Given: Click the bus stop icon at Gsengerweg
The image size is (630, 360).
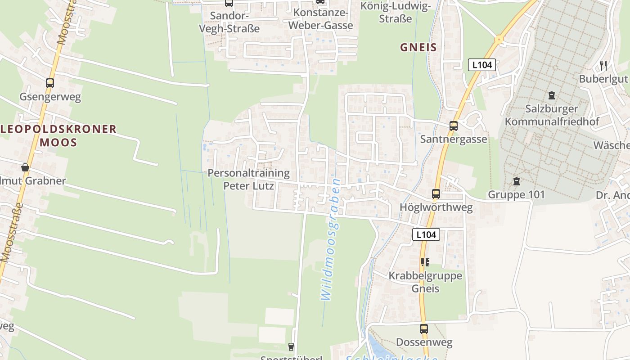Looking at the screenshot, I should (50, 83).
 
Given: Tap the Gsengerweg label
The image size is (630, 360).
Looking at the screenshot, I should (50, 97).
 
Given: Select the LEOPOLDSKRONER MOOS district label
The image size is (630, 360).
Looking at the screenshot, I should (58, 136).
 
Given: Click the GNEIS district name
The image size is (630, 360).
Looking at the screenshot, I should (418, 47).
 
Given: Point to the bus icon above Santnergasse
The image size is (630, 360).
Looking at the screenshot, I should (453, 126).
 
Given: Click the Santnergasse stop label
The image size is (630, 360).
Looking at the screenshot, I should (453, 139).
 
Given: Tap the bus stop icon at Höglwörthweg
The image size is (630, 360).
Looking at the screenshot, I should (436, 194).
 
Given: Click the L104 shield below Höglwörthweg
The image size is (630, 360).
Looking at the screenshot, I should (426, 234).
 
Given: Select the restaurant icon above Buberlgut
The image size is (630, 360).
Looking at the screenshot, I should (603, 66).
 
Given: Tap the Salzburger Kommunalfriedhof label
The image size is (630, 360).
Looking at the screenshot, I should (552, 115).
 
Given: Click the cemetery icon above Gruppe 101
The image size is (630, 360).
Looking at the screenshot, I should (516, 181).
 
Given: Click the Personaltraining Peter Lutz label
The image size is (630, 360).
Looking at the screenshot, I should (248, 179).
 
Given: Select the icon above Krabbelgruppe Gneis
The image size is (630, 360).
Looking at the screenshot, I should (425, 262).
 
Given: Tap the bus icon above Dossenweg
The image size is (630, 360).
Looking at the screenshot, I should (424, 329).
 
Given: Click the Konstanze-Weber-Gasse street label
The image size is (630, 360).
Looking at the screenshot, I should (320, 19).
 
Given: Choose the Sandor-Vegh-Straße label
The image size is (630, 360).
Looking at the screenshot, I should (229, 22).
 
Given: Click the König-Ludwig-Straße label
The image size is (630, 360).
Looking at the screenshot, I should (396, 12).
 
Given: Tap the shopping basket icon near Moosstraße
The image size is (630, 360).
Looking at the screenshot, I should (25, 167).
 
